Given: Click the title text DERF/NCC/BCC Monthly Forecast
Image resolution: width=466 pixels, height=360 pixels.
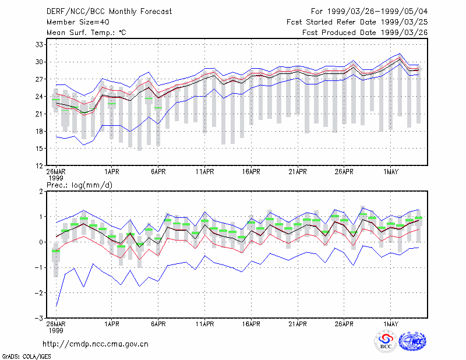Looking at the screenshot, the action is coord(109,12).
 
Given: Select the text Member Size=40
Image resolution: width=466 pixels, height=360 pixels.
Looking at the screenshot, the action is coord(78,22).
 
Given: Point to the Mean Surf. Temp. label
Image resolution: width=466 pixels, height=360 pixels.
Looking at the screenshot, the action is coord(86,33).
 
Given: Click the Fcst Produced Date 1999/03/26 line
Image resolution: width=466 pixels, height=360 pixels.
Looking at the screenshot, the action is coord(365,33).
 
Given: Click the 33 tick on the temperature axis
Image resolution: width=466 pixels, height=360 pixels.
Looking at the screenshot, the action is coord(39,45).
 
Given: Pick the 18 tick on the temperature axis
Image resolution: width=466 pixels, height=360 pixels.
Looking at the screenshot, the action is coord(39,131).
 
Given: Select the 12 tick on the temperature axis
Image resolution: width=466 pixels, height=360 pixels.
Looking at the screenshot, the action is coord(39,166).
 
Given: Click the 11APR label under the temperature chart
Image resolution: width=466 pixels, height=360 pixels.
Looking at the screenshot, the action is coord(205,172).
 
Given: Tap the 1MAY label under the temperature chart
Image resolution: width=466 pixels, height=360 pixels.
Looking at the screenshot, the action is coord(390,172).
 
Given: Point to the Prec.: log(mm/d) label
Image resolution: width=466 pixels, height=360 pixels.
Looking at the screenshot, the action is coord(79,185).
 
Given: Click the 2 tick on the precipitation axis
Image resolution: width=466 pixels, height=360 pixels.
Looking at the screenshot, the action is coord(41,192).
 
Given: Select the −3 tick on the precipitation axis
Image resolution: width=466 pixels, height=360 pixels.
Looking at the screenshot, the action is coord(38,319).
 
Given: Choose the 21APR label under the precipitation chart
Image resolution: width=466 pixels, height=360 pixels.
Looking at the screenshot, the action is coord(298,324).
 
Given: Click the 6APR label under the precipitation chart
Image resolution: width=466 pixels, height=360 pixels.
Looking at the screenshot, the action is coord(158,324).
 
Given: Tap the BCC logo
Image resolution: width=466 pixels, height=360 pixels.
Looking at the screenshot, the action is coord(386,341).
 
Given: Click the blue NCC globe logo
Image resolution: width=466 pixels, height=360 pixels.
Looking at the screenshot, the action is coord(412,341).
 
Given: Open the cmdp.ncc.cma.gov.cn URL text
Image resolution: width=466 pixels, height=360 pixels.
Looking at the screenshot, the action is coord(96,344).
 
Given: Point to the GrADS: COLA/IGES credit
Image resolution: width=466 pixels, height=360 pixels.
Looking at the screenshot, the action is coord(26,357).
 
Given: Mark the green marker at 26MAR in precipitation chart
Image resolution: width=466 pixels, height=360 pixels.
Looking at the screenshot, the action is coord(56,251).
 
